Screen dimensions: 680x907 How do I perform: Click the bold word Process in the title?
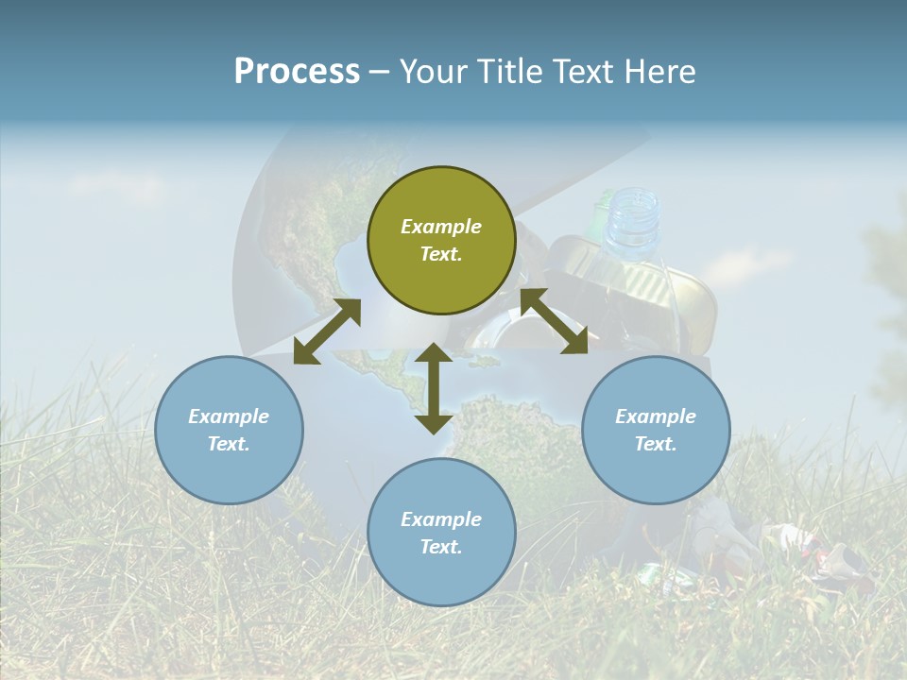pyautogui.click(x=297, y=72)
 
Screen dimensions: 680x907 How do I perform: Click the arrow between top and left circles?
pyautogui.click(x=327, y=331)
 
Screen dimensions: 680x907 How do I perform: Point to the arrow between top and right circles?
pyautogui.click(x=555, y=321)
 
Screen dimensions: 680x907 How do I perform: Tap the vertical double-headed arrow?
pyautogui.click(x=434, y=388)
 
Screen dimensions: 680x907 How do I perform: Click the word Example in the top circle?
pyautogui.click(x=441, y=227)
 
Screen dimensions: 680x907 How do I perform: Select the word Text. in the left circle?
pyautogui.click(x=229, y=444)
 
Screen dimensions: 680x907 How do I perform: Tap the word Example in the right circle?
pyautogui.click(x=656, y=416)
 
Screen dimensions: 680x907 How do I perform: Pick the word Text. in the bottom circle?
pyautogui.click(x=441, y=547)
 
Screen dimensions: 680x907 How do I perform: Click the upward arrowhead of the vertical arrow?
pyautogui.click(x=434, y=355)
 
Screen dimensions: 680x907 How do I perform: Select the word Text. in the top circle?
pyautogui.click(x=441, y=254)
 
